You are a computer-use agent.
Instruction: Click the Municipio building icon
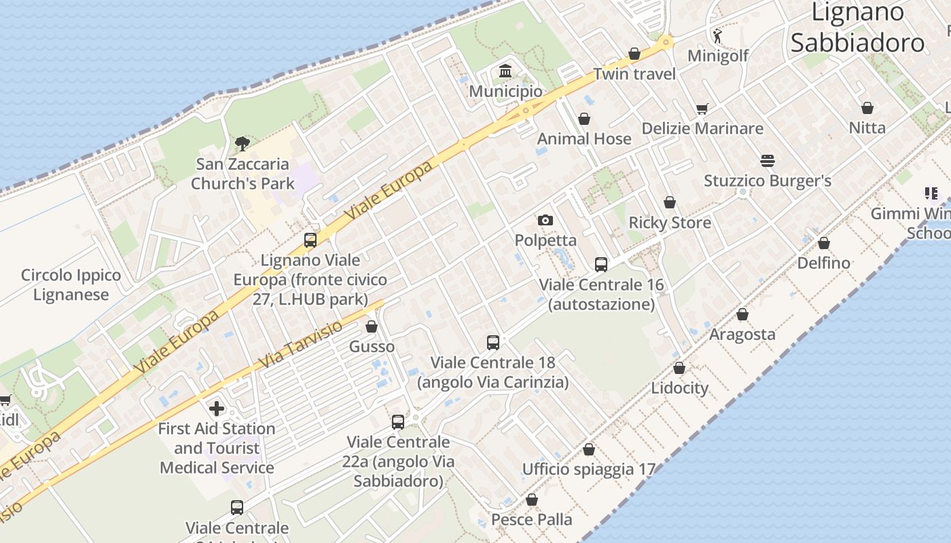(x=505, y=71)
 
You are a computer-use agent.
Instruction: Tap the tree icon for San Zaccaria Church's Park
(x=242, y=143)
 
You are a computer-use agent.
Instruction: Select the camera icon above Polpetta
(x=545, y=220)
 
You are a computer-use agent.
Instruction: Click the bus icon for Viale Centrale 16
(x=600, y=264)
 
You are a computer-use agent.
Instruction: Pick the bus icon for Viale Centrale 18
(x=493, y=343)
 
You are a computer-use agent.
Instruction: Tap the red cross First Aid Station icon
(x=217, y=408)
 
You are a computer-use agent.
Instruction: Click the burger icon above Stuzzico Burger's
(x=768, y=161)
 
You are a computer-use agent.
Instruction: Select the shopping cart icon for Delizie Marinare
(x=702, y=109)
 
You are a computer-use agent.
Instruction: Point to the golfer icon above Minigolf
(x=717, y=35)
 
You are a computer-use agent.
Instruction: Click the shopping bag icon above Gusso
(x=372, y=326)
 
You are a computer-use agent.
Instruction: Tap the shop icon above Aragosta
(x=742, y=314)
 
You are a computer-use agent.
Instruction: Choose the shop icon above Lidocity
(x=679, y=368)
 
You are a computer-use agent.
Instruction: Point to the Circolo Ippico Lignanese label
(x=71, y=285)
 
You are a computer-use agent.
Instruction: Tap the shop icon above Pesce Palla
(x=531, y=500)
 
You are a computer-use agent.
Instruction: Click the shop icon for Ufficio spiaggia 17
(x=588, y=449)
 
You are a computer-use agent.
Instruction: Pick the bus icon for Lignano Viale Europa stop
(x=310, y=240)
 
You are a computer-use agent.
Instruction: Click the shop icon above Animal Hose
(x=584, y=119)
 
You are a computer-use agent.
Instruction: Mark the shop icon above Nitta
(x=867, y=107)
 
